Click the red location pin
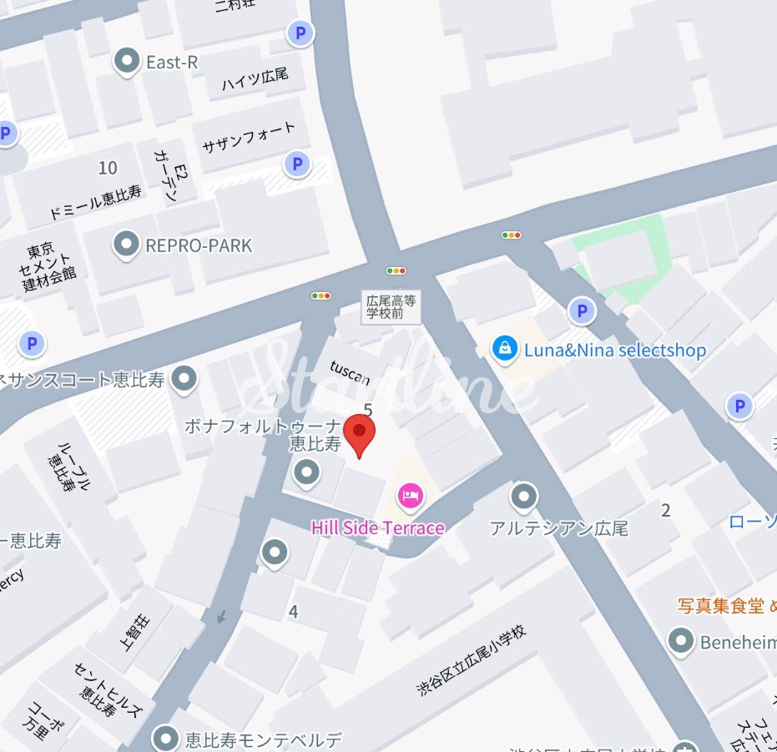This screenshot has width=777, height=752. pos(360,433)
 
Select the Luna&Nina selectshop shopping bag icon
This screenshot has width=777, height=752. pos(504,350)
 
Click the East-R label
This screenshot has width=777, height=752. pos(171,62)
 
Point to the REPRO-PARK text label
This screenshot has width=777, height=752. pos(199,245)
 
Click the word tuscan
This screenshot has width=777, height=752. pos(350,372)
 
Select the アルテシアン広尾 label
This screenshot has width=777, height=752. pos(559,528)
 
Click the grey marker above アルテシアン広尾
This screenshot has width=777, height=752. pos(523,497)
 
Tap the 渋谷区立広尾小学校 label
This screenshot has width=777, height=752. pos(472,660)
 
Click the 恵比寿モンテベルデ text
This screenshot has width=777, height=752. pos(264,739)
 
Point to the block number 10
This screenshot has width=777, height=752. pos(108,168)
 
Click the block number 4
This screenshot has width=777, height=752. pos(293,612)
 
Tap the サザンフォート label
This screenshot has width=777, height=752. pos(249,139)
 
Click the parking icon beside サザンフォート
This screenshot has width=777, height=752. pos(296,164)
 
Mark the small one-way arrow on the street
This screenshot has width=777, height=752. pos(220,618)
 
